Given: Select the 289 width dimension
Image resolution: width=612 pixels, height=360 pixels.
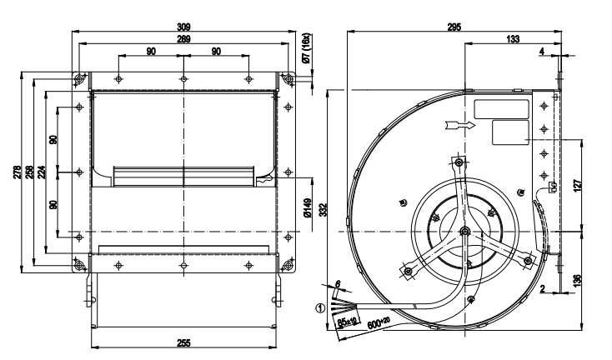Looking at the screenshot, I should tap(183, 39).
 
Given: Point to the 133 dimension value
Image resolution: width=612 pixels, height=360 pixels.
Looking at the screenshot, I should tap(515, 39).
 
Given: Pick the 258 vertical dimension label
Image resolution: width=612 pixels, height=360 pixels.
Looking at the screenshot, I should tap(30, 171).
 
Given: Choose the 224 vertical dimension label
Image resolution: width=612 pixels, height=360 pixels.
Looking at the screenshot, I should tap(42, 171).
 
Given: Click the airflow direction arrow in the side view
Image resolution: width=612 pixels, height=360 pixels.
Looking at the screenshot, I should tap(459, 126).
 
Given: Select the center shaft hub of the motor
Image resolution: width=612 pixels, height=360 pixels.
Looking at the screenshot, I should tap(464, 232).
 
